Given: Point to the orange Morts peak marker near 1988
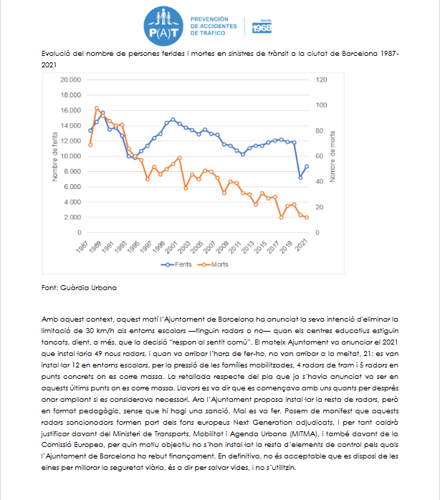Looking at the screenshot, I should coord(97,108).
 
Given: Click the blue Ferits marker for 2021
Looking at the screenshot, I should coord(307,166).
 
